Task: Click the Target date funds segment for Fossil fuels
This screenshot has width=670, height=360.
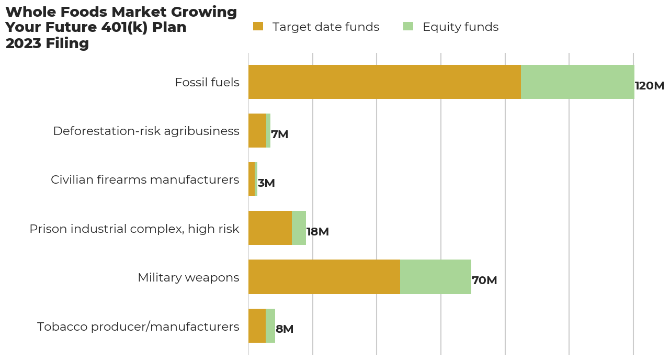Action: point(384,82)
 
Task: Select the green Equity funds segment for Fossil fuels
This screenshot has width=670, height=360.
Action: point(577,82)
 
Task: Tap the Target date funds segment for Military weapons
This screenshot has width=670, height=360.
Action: point(324,277)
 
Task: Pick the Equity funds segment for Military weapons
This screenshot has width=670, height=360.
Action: point(436,277)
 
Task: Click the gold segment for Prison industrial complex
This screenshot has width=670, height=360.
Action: point(270,228)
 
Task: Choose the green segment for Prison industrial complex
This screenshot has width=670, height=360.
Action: point(299,228)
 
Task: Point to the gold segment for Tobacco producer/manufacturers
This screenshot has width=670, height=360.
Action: point(257,325)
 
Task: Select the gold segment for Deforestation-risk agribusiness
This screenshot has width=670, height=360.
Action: point(257,131)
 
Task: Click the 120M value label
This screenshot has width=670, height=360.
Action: point(649,86)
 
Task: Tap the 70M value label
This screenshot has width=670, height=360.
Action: point(484,280)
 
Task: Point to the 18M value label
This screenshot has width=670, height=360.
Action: point(317,232)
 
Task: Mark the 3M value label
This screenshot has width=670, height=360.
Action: point(266,183)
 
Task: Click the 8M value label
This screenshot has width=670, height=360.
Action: point(285,329)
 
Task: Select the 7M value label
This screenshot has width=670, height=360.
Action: point(280,134)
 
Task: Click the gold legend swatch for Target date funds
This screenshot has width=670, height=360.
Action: point(258,27)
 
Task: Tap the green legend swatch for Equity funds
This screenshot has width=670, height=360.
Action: point(408,27)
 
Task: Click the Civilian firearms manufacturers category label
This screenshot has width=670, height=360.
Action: point(145,180)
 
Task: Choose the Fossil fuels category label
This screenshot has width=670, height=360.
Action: point(207,83)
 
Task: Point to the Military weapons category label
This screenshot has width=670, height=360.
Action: point(188,277)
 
